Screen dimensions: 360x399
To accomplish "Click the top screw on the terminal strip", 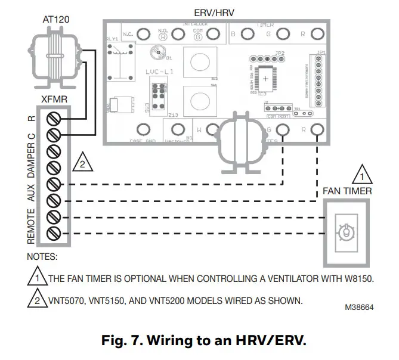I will (52, 117).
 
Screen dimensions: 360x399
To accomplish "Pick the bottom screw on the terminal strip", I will (52, 231).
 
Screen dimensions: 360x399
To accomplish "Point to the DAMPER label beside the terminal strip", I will (32, 165).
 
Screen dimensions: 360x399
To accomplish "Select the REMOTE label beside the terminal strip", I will (32, 225).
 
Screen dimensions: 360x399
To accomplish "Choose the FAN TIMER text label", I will (347, 191).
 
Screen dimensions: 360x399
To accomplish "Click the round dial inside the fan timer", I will (344, 232).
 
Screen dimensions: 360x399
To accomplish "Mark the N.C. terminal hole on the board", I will (143, 35).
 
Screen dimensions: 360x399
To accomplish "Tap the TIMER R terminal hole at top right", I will (317, 34).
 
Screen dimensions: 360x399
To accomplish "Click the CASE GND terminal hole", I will (143, 129).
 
